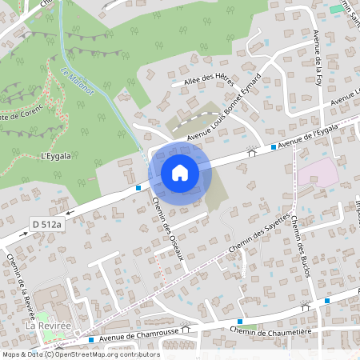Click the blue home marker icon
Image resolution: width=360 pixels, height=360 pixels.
[180, 173]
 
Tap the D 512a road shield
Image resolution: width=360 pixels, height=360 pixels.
[47, 224]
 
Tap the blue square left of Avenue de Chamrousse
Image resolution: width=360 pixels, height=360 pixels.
[91, 339]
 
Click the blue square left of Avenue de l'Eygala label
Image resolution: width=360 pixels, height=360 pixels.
[274, 147]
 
